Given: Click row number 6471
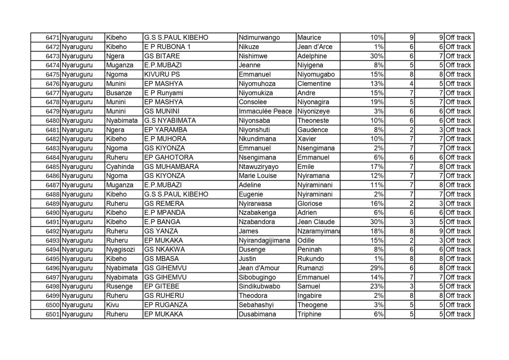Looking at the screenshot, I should pyautogui.click(x=52, y=38).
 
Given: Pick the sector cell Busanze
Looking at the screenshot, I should pyautogui.click(x=117, y=93).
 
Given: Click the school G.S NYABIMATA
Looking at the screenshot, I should pyautogui.click(x=170, y=121).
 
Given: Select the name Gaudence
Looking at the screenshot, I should pyautogui.click(x=313, y=130).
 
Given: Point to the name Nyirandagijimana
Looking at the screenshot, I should pyautogui.click(x=264, y=241).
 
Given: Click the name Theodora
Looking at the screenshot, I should pyautogui.click(x=254, y=296).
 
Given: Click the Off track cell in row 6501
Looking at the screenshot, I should pyautogui.click(x=458, y=314).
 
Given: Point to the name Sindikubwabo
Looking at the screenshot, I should pyautogui.click(x=260, y=286).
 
